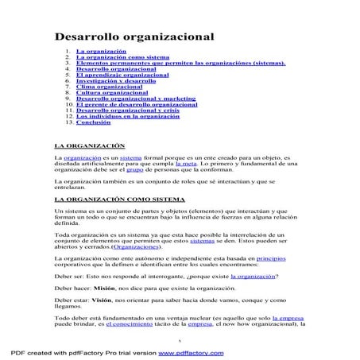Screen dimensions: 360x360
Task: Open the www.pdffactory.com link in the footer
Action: click(x=199, y=351)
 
